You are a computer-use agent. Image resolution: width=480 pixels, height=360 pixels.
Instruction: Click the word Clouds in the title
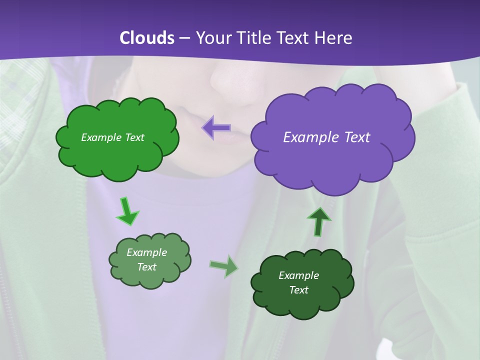147,38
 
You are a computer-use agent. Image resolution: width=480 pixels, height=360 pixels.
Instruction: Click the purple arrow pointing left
216,128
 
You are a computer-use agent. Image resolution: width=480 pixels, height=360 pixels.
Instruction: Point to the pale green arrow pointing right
224,266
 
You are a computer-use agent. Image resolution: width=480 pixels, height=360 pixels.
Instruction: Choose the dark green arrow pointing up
318,221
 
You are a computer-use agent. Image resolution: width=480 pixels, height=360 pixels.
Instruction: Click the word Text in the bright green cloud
134,137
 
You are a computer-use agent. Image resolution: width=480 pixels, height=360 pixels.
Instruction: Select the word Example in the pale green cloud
147,252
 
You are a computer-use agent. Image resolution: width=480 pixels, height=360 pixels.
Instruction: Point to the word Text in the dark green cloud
298,290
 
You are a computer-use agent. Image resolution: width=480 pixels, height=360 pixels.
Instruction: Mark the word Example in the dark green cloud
298,275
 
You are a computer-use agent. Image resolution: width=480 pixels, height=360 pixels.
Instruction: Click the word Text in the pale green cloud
147,267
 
